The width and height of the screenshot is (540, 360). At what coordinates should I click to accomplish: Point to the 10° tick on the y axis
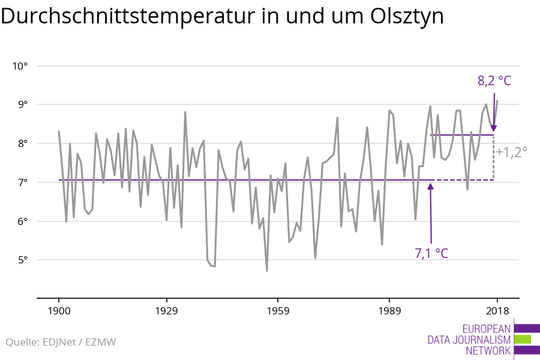[20, 65]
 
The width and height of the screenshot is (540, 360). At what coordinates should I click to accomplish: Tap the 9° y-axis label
[23, 104]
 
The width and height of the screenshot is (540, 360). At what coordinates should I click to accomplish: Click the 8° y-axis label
[23, 143]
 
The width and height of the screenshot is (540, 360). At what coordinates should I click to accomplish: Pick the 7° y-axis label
[23, 182]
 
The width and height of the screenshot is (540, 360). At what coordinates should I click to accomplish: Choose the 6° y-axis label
[23, 221]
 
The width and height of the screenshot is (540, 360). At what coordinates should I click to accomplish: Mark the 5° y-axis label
[23, 260]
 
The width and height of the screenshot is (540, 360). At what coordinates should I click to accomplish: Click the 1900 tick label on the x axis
[59, 311]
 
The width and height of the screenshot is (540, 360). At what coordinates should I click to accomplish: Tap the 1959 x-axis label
[278, 311]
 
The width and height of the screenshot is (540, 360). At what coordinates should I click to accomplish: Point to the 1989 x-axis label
[389, 311]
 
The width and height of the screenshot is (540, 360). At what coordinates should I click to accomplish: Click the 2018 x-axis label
[497, 311]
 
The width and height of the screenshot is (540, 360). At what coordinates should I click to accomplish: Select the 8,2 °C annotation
[494, 80]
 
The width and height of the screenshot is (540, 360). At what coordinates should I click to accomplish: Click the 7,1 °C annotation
[431, 253]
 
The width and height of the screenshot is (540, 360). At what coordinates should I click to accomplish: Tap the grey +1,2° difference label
[511, 152]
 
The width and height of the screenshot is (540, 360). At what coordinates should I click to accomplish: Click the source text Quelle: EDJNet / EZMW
[61, 342]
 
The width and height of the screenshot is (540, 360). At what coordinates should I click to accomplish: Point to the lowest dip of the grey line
[267, 271]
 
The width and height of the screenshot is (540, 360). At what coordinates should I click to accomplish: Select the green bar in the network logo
[523, 339]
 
